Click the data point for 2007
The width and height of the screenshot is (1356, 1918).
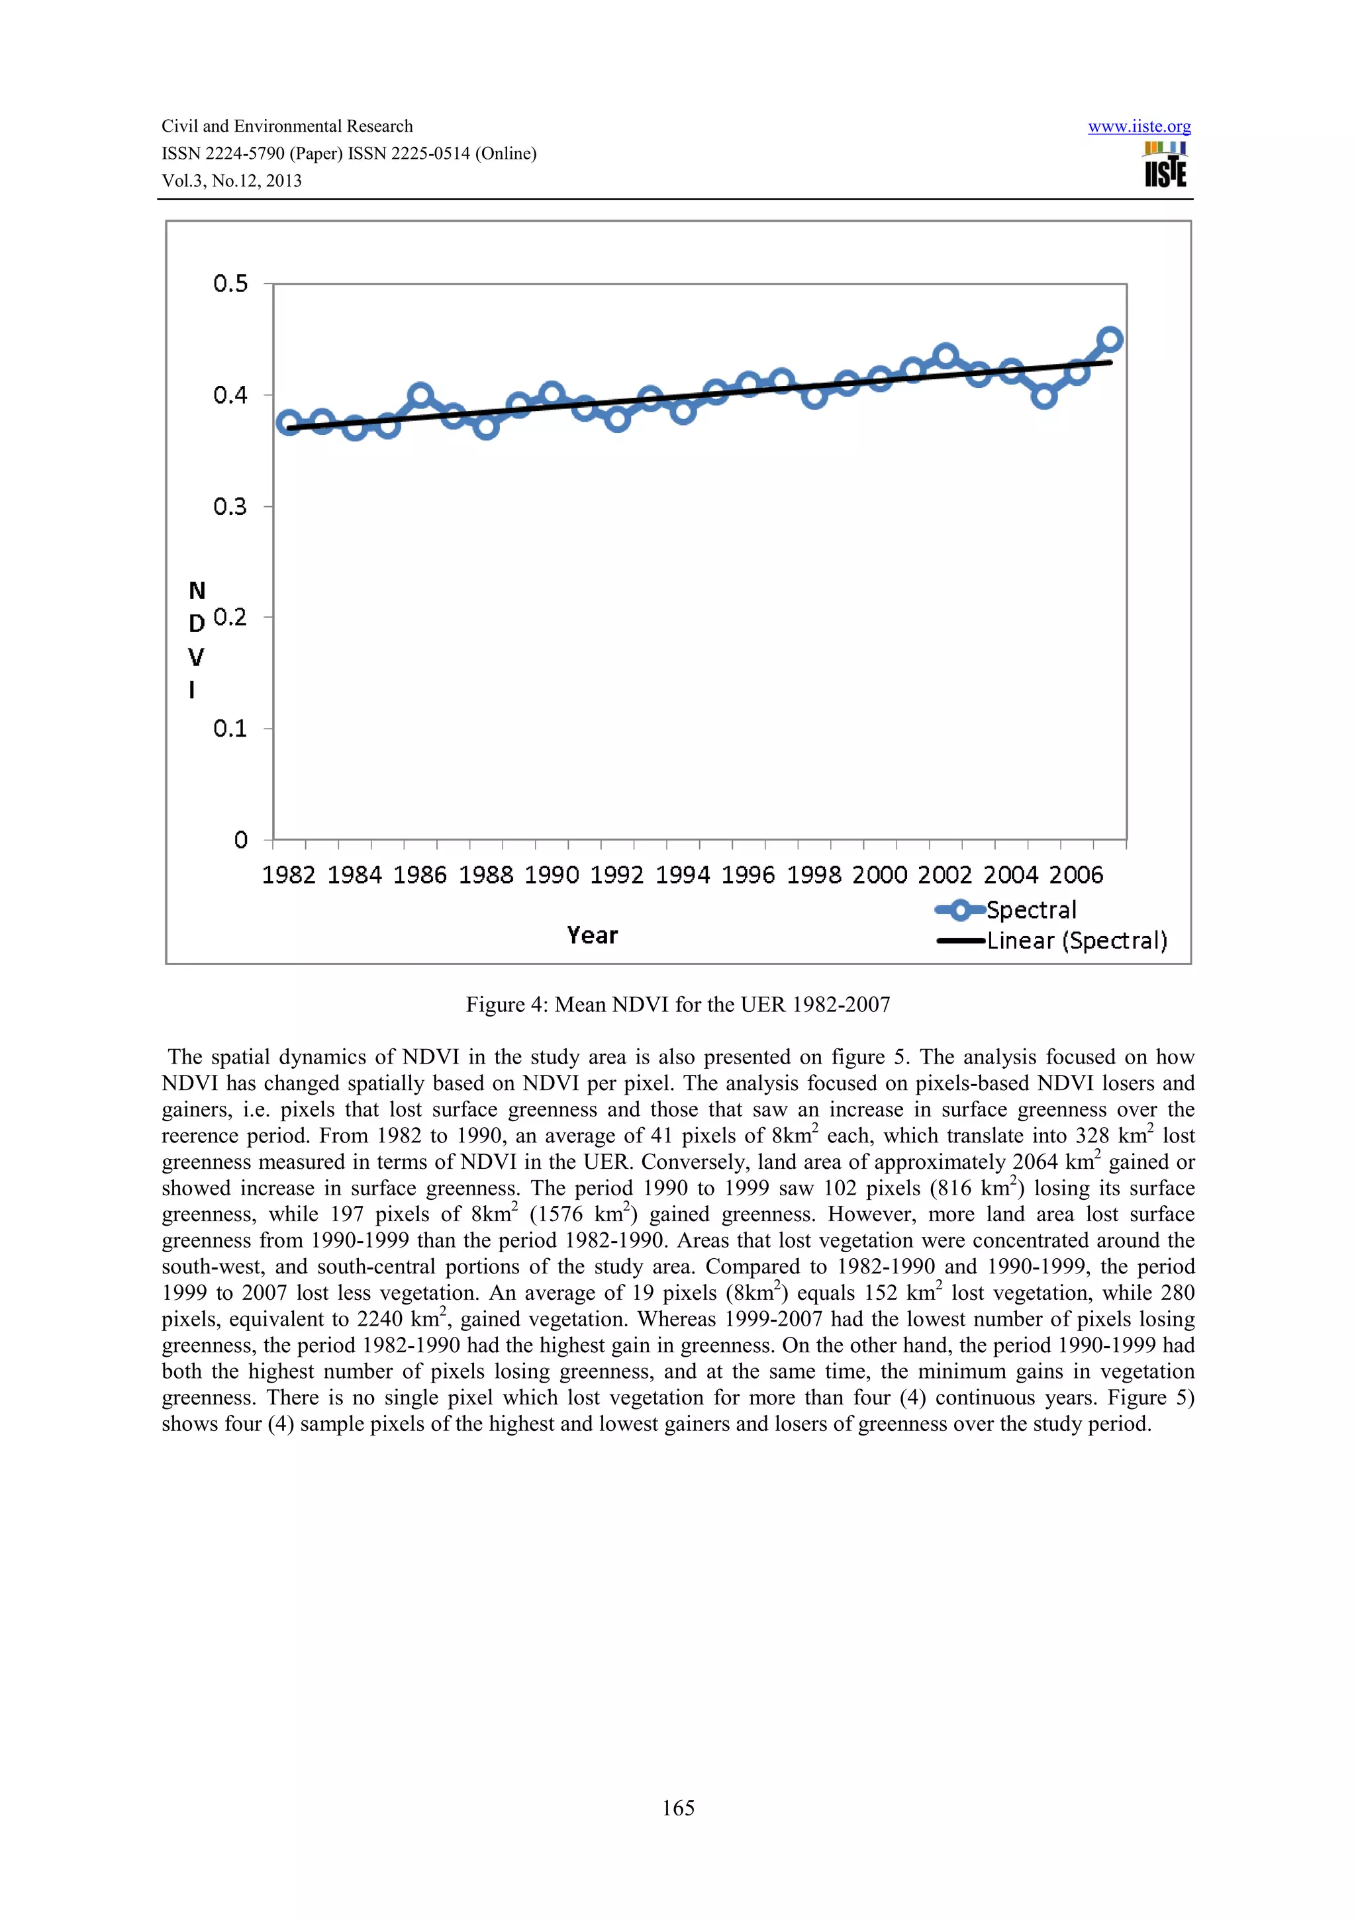coord(1110,339)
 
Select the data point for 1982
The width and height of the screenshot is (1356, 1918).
coord(289,423)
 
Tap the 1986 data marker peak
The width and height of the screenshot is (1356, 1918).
coord(420,395)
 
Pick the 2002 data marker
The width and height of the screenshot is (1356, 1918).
coord(945,357)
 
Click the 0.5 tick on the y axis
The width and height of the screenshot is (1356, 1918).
coord(230,284)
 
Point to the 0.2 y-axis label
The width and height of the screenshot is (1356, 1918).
coord(230,617)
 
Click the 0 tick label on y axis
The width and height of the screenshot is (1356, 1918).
coord(240,840)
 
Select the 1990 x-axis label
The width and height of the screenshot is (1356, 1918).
coord(552,875)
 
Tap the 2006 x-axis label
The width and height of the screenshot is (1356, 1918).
coord(1076,875)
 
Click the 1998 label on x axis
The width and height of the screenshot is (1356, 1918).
coord(814,875)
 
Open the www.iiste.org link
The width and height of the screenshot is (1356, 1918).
coord(1139,127)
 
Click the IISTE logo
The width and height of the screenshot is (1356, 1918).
coord(1165,165)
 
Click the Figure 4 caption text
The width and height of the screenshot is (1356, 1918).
coord(677,1004)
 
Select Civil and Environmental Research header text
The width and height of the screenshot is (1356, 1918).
coord(287,126)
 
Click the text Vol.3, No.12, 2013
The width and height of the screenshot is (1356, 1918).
coord(232,181)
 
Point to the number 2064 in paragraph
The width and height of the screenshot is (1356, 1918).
coord(1035,1162)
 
